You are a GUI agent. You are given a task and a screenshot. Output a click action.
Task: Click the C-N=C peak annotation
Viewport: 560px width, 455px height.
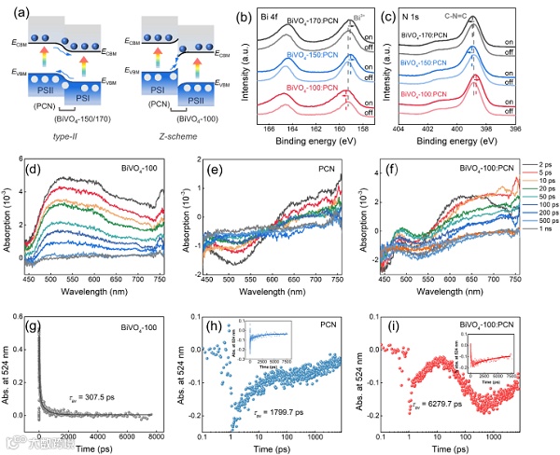465,16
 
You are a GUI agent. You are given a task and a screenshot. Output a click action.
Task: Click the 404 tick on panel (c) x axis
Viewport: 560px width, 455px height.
399,128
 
